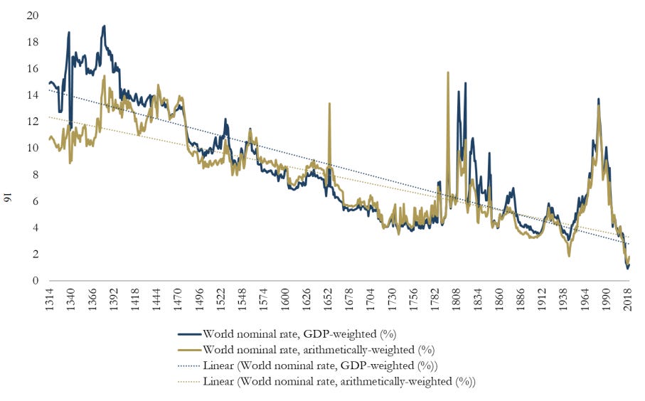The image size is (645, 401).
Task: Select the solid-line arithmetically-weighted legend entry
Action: [318, 349]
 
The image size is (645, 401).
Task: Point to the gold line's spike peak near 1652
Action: [329, 104]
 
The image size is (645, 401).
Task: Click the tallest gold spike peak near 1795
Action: [448, 73]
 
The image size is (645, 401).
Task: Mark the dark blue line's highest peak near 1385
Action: [105, 26]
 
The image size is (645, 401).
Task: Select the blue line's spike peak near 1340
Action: [69, 32]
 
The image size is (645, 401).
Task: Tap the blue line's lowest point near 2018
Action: [627, 268]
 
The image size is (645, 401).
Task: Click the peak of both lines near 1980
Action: [598, 100]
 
